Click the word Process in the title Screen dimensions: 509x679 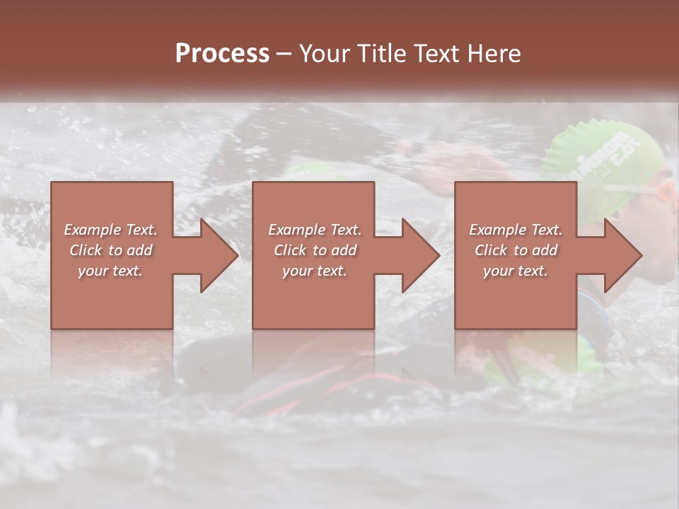pos(222,54)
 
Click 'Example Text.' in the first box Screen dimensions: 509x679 pos(111,230)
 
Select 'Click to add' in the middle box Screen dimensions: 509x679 pos(315,250)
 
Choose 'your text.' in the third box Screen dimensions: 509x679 pos(516,271)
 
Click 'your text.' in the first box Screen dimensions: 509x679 pos(111,271)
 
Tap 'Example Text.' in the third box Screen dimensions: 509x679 pos(516,230)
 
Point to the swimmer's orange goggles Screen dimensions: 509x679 pos(665,191)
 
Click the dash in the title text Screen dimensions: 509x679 pos(284,54)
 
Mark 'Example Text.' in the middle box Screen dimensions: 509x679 pos(315,230)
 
